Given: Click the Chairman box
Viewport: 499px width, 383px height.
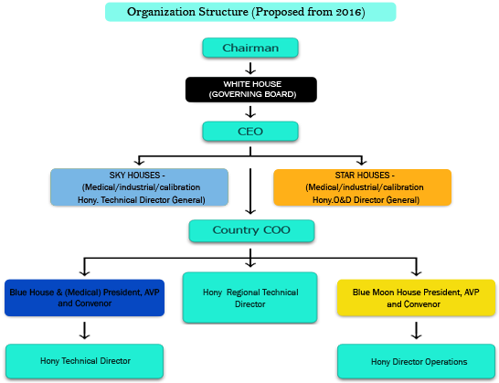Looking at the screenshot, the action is pos(250,48).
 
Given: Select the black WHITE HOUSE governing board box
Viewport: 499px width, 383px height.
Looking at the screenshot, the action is pos(251,90).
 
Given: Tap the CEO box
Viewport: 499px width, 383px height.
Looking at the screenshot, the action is pos(250,131).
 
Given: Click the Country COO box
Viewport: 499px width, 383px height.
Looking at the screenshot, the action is pos(251,230).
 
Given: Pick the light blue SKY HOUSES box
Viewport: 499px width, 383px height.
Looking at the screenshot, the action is pos(140,187).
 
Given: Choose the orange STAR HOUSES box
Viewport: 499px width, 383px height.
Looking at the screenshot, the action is pos(363,187).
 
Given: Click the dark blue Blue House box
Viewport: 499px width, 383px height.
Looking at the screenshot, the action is pos(84,298).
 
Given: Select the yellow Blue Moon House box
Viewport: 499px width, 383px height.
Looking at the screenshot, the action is pos(416,298).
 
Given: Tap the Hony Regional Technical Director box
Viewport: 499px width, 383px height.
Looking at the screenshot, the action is pos(250,298).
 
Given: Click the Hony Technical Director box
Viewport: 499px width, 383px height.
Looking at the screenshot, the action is pos(85,361).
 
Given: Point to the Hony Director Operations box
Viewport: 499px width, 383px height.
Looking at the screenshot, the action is pos(416,362).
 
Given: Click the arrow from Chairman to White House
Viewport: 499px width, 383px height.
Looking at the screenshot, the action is pos(250,69).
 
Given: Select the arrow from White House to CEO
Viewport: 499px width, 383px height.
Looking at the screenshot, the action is pos(250,112).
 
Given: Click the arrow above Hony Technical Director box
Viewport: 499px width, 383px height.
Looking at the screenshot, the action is pos(84,331).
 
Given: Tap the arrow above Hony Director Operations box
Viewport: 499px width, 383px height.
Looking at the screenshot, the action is pos(416,331).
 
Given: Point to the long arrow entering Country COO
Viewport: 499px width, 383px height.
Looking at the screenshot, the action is pos(250,191).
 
